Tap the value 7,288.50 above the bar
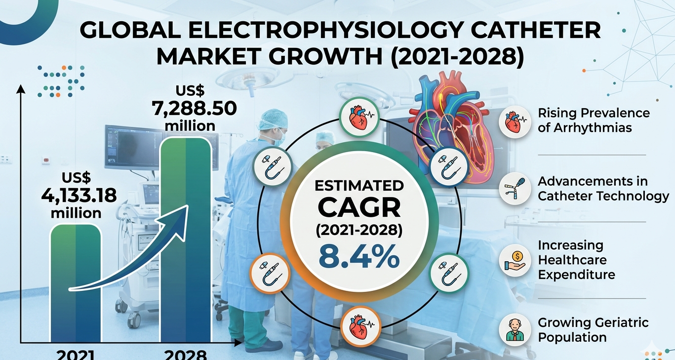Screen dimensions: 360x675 pyautogui.click(x=195, y=108)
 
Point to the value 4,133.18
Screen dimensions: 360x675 pyautogui.click(x=79, y=195)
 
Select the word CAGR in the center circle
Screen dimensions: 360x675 pyautogui.click(x=359, y=208)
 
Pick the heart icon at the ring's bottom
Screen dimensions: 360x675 pyautogui.click(x=359, y=325)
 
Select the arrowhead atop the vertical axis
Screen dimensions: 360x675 pyautogui.click(x=21, y=89)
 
